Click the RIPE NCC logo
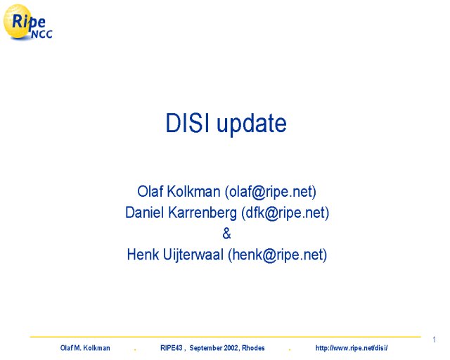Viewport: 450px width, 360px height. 28,22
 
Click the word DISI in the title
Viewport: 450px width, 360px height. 187,123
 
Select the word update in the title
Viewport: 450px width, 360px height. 252,124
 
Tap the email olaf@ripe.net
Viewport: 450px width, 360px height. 271,192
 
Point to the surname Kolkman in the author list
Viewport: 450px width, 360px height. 193,191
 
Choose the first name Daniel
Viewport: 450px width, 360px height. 145,212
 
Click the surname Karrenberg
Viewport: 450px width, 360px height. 202,213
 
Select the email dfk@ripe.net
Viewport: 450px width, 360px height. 285,213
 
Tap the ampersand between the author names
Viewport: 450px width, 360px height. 226,233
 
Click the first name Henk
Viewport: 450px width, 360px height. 143,255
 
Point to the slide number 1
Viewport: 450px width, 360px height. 435,340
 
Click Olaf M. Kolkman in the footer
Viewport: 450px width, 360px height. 85,348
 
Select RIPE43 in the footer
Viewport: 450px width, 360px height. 171,348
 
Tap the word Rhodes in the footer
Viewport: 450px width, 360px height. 253,348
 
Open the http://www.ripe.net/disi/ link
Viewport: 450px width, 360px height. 352,348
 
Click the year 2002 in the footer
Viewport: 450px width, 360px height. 231,348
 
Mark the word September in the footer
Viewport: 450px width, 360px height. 205,348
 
